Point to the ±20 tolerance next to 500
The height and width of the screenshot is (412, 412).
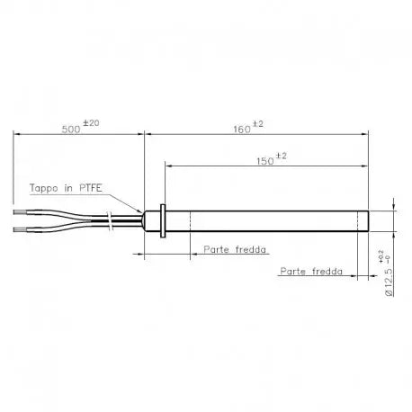point(90,123)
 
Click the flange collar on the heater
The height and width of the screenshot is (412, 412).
point(160,220)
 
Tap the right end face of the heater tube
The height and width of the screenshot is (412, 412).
point(368,220)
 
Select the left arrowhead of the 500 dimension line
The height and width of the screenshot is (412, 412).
point(16,135)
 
